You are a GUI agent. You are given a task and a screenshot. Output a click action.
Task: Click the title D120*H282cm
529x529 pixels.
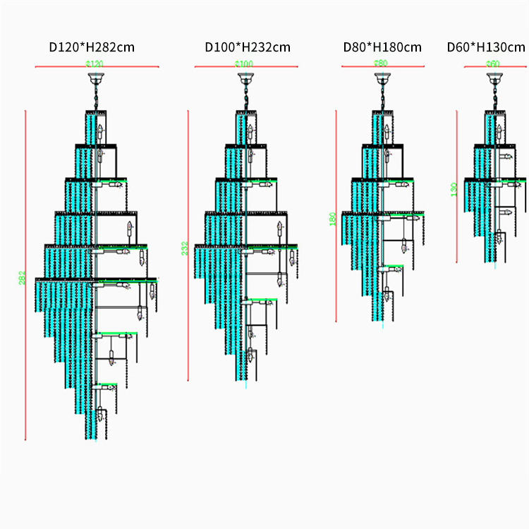pyautogui.click(x=92, y=47)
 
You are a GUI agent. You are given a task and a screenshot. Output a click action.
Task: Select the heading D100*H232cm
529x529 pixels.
pyautogui.click(x=248, y=47)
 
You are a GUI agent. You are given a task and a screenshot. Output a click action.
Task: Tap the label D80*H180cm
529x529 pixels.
pyautogui.click(x=382, y=47)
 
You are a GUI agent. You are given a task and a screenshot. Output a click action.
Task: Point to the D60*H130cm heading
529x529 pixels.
pyautogui.click(x=486, y=47)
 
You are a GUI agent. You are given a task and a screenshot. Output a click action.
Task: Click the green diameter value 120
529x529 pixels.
pyautogui.click(x=95, y=64)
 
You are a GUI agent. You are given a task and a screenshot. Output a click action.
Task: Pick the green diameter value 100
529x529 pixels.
pyautogui.click(x=244, y=64)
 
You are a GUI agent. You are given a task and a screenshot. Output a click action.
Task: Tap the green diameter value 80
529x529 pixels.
pyautogui.click(x=381, y=63)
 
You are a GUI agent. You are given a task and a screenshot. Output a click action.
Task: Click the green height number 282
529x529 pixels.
pyautogui.click(x=21, y=279)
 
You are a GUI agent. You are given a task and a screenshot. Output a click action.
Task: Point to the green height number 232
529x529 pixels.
pyautogui.click(x=184, y=248)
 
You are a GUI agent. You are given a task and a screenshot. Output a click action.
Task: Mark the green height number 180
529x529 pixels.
pyautogui.click(x=333, y=219)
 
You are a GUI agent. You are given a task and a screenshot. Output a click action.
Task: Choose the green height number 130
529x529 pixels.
pyautogui.click(x=454, y=189)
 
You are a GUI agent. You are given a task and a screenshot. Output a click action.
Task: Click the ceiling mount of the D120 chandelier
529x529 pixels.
pyautogui.click(x=95, y=77)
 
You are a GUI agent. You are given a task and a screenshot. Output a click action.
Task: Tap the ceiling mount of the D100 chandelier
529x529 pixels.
pyautogui.click(x=245, y=77)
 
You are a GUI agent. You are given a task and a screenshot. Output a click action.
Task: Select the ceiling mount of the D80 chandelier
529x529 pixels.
pyautogui.click(x=382, y=77)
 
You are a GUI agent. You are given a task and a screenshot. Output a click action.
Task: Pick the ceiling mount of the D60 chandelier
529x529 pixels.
pyautogui.click(x=493, y=77)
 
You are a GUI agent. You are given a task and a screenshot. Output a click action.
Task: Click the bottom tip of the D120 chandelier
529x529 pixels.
pyautogui.click(x=92, y=437)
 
